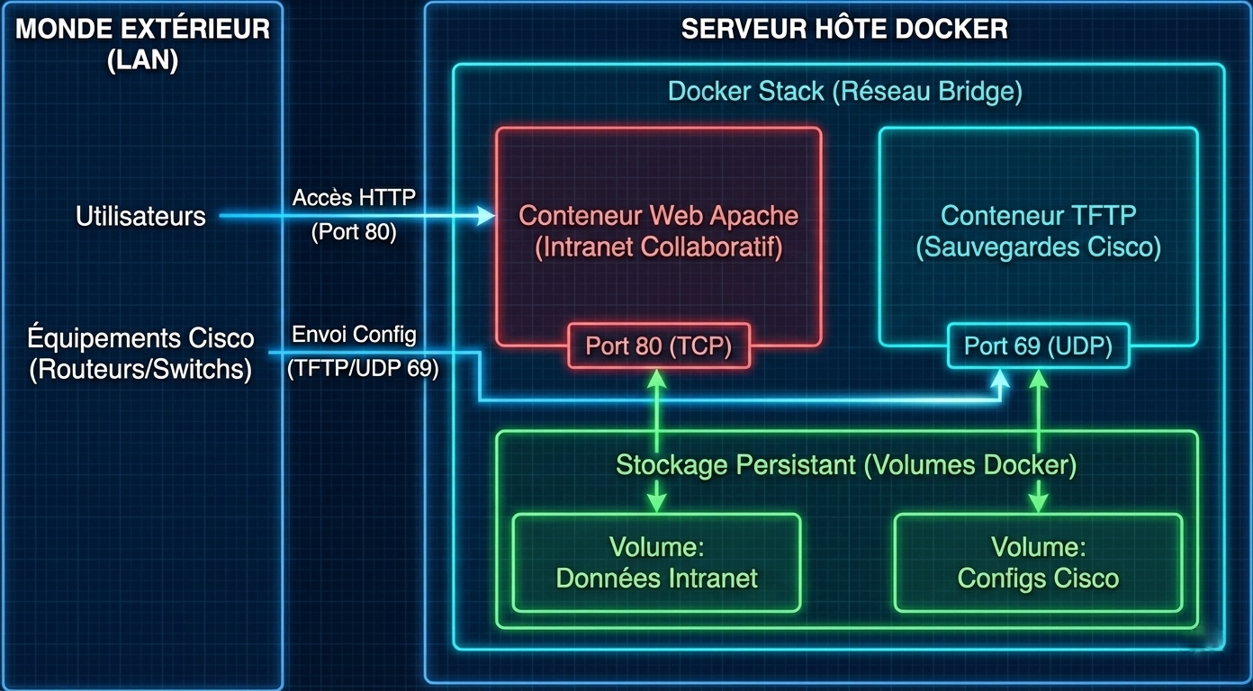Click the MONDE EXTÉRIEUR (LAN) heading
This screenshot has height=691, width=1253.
point(142,43)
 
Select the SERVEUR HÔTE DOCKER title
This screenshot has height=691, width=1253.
point(843,29)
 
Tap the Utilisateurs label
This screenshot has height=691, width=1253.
point(140,216)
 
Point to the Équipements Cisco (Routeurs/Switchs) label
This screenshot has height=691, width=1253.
point(140,354)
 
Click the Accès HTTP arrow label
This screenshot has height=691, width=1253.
point(354,198)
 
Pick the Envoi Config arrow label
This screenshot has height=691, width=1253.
point(354,335)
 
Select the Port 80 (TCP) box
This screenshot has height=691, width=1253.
point(658,345)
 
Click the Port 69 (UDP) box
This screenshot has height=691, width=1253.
point(1038,345)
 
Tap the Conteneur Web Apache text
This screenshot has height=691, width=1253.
point(658,216)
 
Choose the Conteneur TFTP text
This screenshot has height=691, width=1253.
point(1038,216)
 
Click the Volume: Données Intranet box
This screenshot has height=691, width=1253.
point(656,562)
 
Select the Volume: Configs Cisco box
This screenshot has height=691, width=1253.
point(1038,562)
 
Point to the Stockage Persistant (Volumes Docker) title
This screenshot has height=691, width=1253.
point(845,465)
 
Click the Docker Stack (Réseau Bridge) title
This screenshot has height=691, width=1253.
point(844,91)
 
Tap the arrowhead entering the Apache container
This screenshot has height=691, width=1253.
point(487,216)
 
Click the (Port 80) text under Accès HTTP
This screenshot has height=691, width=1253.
point(354,232)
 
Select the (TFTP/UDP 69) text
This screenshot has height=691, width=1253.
point(363,369)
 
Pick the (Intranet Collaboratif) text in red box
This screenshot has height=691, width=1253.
point(658,247)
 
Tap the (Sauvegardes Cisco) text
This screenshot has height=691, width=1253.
point(1038,247)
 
